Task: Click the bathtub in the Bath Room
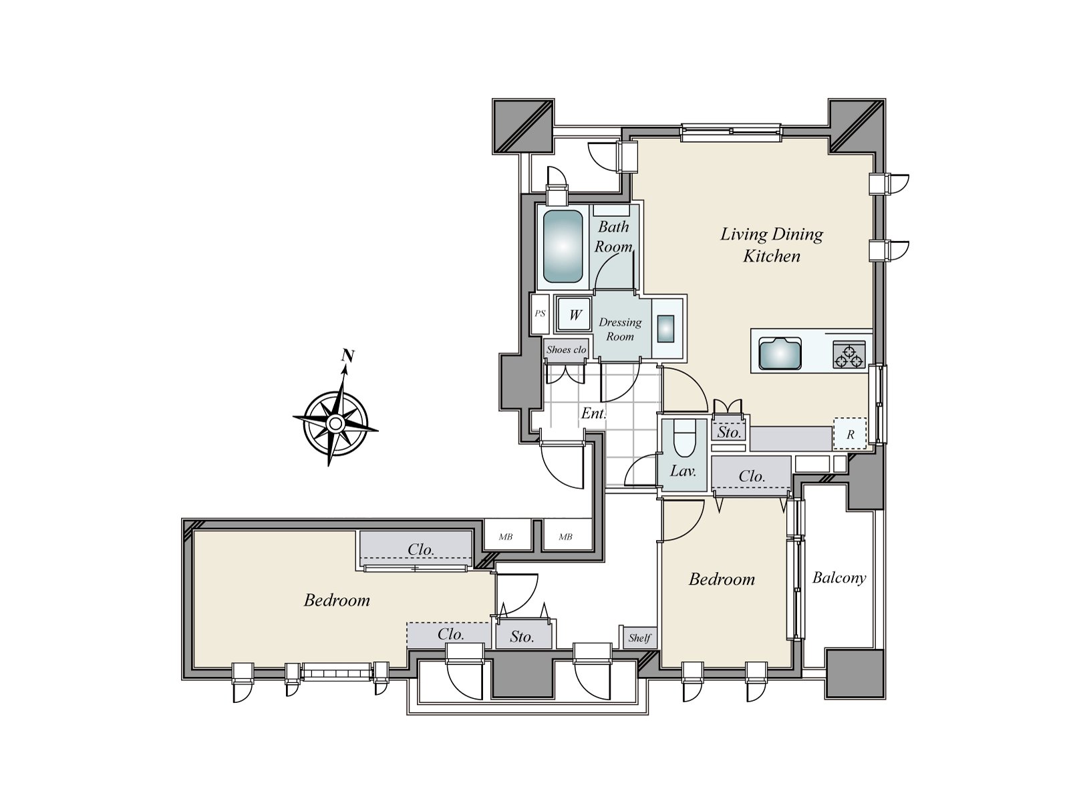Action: click(x=563, y=246)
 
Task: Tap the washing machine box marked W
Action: click(x=575, y=314)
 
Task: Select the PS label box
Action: click(x=540, y=313)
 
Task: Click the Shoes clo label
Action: click(x=566, y=350)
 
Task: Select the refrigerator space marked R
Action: click(x=850, y=434)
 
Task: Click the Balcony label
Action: click(x=839, y=578)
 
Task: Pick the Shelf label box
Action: click(x=639, y=638)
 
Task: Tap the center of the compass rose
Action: click(x=335, y=423)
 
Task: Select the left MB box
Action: click(x=506, y=536)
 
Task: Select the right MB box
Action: click(x=566, y=536)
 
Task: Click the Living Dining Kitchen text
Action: click(x=772, y=245)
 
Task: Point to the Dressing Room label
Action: click(x=620, y=329)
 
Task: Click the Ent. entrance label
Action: click(x=593, y=413)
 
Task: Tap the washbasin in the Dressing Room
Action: click(x=666, y=329)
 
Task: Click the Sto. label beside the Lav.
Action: click(x=729, y=432)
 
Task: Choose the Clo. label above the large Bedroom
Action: click(x=421, y=550)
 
